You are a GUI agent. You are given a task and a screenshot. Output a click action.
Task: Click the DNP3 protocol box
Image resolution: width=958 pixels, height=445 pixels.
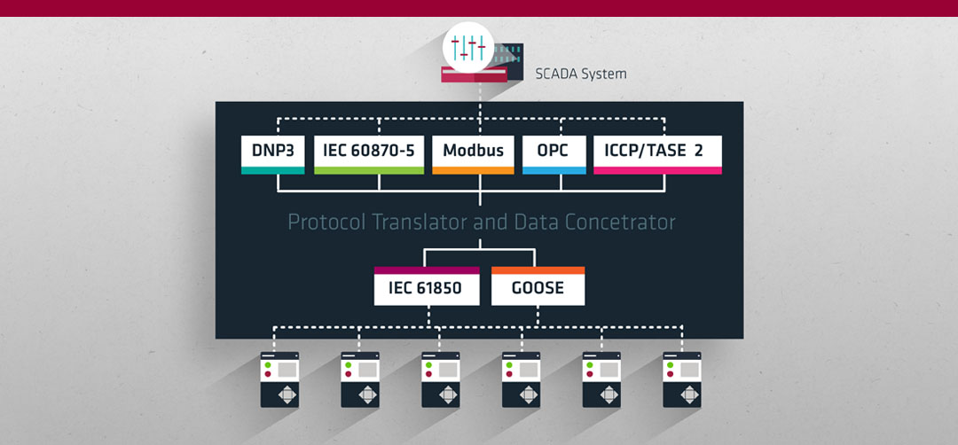pyautogui.click(x=272, y=154)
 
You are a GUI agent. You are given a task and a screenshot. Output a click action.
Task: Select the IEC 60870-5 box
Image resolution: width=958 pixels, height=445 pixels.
pyautogui.click(x=368, y=154)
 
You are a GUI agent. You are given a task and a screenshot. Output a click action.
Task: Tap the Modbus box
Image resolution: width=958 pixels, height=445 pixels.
pyautogui.click(x=473, y=154)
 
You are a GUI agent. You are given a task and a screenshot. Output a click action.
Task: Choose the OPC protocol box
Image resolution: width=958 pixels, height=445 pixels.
pyautogui.click(x=554, y=154)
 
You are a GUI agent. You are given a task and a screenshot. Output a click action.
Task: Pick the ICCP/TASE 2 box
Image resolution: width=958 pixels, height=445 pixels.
pyautogui.click(x=657, y=154)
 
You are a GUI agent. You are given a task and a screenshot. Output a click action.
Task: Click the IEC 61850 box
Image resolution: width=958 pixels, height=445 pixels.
pyautogui.click(x=427, y=285)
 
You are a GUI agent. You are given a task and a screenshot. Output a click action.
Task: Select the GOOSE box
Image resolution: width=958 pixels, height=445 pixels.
pyautogui.click(x=538, y=285)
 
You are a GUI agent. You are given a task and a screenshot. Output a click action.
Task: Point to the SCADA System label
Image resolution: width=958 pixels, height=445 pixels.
pyautogui.click(x=580, y=74)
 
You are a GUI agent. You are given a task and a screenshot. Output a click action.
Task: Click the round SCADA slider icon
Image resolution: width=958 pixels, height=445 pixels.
pyautogui.click(x=468, y=47)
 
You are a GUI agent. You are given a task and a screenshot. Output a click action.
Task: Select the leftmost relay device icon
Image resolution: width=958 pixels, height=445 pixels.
pyautogui.click(x=279, y=379)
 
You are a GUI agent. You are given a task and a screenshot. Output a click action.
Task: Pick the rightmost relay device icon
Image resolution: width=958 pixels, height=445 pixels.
pyautogui.click(x=682, y=379)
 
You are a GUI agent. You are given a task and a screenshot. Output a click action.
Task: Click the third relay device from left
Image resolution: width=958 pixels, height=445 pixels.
pyautogui.click(x=441, y=379)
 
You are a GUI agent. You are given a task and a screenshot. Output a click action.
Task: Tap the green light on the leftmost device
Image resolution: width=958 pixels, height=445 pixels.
pyautogui.click(x=267, y=365)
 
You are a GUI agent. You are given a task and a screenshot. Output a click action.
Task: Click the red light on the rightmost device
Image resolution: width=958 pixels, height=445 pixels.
pyautogui.click(x=670, y=374)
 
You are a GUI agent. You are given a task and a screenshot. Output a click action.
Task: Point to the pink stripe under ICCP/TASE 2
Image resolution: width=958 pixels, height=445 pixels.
pyautogui.click(x=657, y=170)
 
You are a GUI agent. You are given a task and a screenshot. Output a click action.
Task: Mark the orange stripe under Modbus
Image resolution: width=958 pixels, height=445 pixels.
pyautogui.click(x=473, y=170)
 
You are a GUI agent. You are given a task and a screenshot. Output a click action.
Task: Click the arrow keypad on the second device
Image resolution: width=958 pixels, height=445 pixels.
pyautogui.click(x=368, y=395)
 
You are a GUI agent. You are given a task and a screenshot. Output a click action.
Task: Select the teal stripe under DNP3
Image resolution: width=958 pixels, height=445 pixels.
pyautogui.click(x=272, y=170)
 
